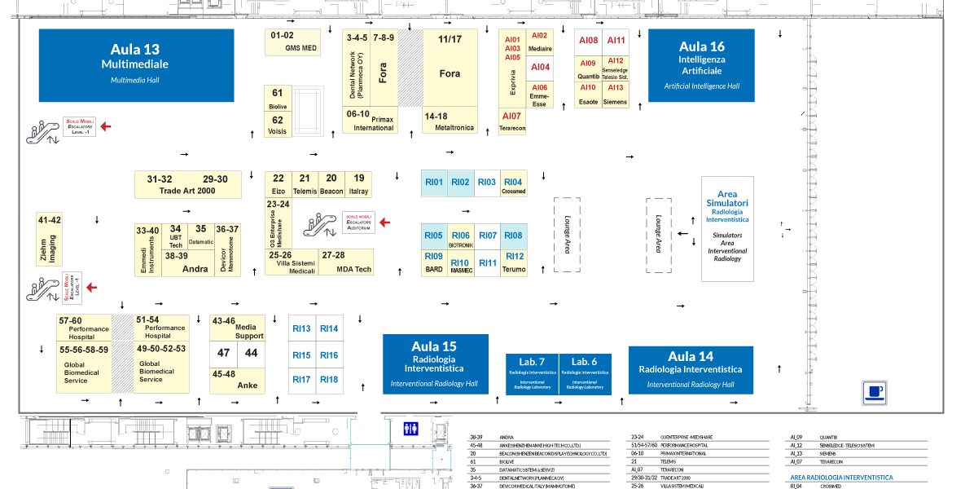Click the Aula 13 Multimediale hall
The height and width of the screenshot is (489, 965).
click(x=137, y=64)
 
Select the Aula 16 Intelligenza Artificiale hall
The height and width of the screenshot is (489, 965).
click(x=701, y=65)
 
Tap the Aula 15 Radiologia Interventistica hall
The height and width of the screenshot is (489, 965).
click(x=435, y=363)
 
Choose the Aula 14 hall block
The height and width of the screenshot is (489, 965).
click(x=691, y=370)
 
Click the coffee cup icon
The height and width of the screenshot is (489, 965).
click(x=874, y=392)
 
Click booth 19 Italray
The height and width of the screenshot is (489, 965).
click(x=358, y=183)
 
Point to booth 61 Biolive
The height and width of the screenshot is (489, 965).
click(x=278, y=98)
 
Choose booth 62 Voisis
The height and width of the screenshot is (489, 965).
click(x=278, y=125)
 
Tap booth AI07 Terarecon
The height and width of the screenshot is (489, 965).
click(x=512, y=121)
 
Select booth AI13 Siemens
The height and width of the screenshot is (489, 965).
click(x=616, y=94)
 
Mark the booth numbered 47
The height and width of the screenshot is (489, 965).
click(x=223, y=354)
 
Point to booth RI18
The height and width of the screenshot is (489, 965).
click(x=329, y=380)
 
